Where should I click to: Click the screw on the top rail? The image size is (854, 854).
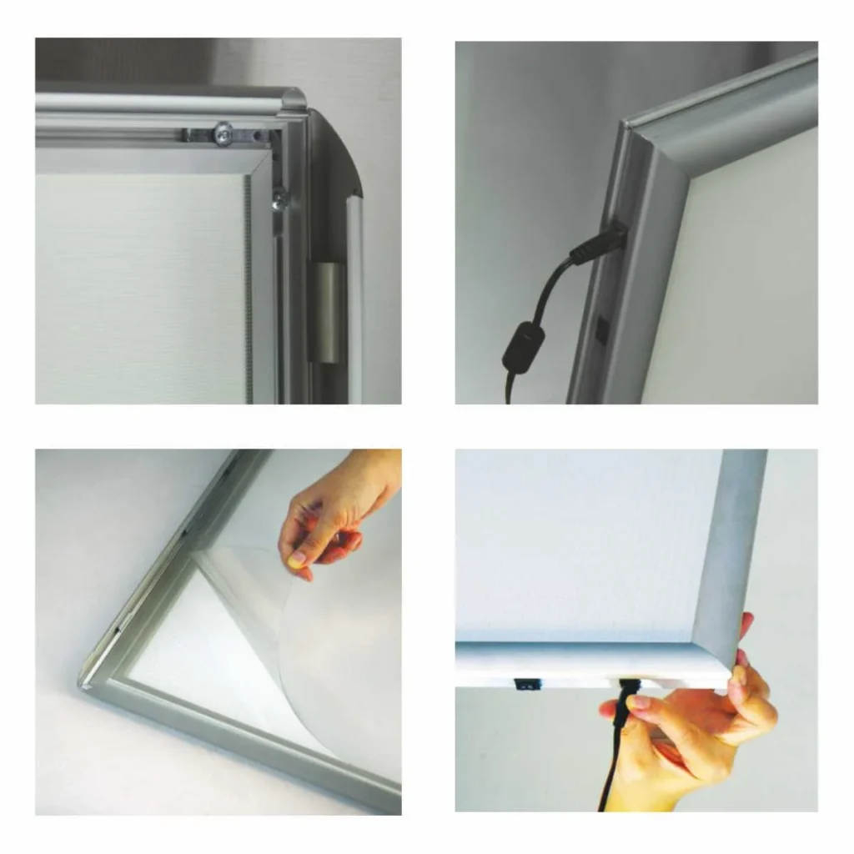click(223, 132)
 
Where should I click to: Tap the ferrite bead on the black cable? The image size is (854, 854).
click(523, 344)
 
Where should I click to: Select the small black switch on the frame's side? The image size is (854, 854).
click(601, 329)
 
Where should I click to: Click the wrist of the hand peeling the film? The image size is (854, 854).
click(379, 475)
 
